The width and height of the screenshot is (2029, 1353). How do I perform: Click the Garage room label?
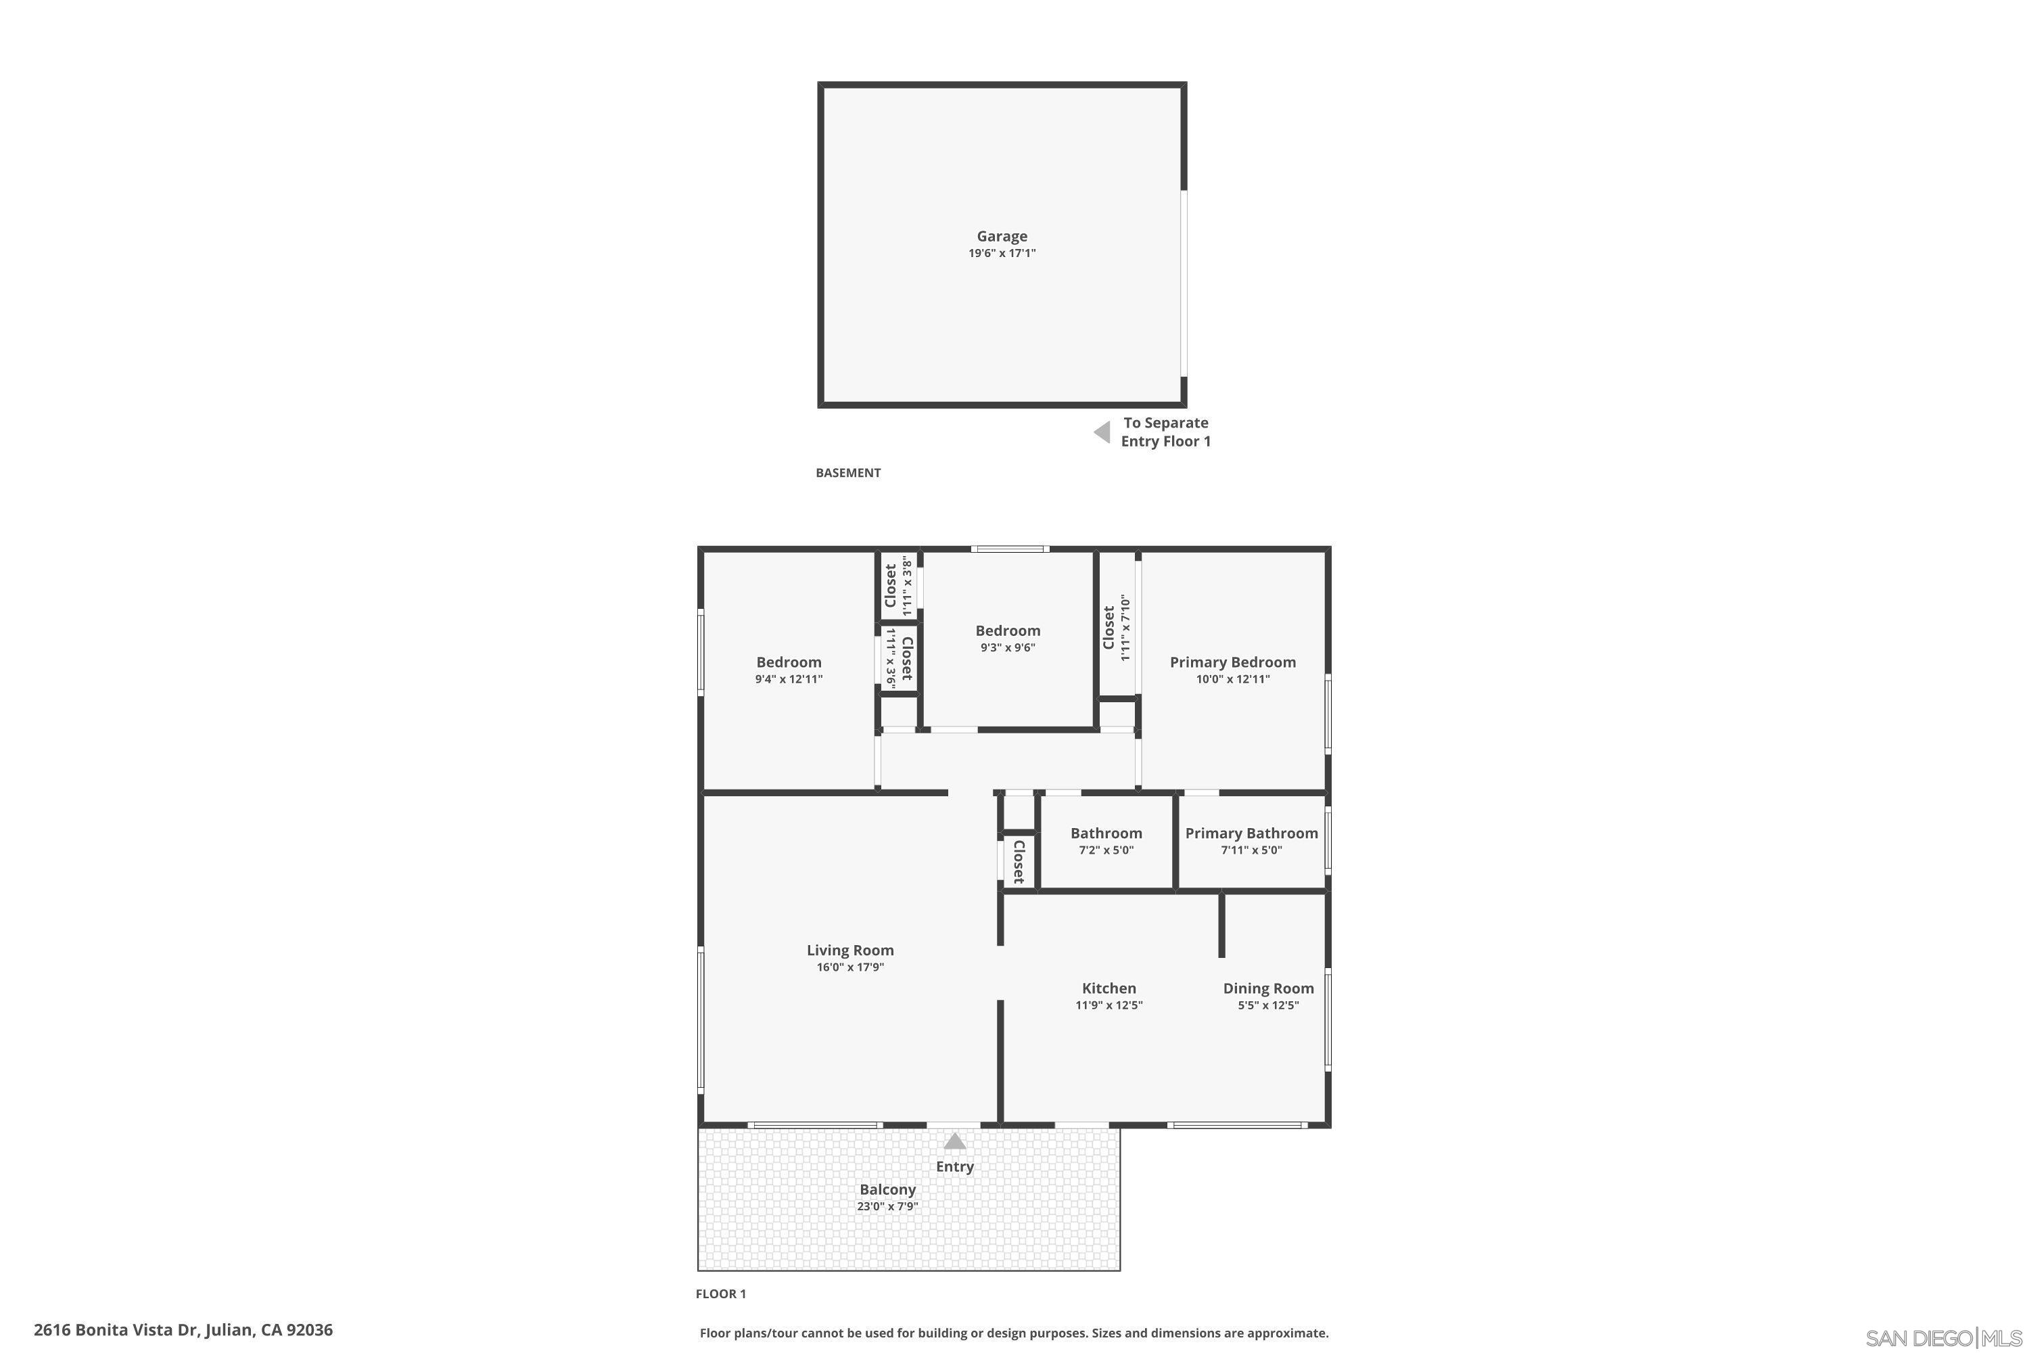[x=1002, y=235]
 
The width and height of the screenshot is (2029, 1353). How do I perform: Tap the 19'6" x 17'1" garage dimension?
[x=1002, y=254]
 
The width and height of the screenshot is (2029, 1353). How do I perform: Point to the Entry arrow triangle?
[x=954, y=1142]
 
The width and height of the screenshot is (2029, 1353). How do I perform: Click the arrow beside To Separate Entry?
[x=1102, y=432]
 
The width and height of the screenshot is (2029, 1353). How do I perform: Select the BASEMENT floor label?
[x=848, y=473]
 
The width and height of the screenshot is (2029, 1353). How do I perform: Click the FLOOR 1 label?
[x=720, y=1293]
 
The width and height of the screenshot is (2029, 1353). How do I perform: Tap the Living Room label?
[x=849, y=950]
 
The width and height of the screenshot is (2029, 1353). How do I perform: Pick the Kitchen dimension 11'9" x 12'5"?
[x=1109, y=1005]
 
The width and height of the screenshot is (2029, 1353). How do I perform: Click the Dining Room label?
[x=1268, y=988]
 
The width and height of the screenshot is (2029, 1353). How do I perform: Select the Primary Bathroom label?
[x=1251, y=833]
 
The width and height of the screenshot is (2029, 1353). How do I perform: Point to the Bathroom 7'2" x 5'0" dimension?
[x=1106, y=850]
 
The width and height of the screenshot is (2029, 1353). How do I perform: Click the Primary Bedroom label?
[x=1232, y=662]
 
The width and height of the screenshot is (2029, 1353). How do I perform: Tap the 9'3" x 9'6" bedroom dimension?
[x=1008, y=648]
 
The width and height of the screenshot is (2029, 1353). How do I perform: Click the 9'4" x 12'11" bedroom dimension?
[x=789, y=679]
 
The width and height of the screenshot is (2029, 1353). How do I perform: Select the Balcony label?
[x=887, y=1189]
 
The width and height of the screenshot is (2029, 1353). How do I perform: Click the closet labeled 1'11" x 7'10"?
[x=1117, y=627]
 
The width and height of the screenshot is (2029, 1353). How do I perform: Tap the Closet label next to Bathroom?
[x=1019, y=861]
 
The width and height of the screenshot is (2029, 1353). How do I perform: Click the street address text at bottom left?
[x=183, y=1330]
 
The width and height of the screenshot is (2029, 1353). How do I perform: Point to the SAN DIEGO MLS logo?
[x=1944, y=1338]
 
